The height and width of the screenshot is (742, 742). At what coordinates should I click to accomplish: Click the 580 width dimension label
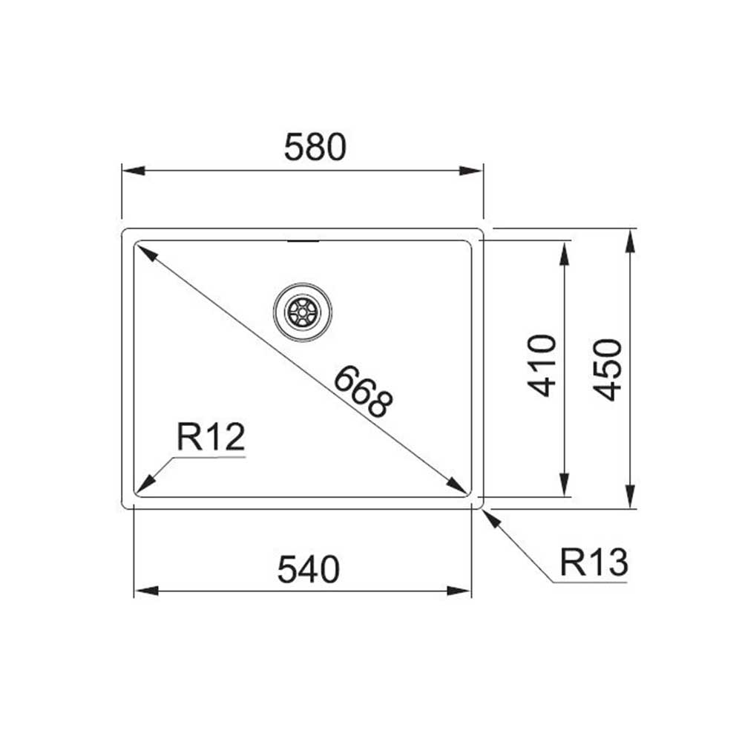[x=315, y=148]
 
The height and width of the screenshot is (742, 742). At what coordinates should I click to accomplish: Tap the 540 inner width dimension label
[x=308, y=570]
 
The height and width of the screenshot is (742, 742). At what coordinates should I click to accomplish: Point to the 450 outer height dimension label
[x=608, y=370]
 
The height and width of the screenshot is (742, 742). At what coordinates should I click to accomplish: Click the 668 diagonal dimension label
[x=361, y=392]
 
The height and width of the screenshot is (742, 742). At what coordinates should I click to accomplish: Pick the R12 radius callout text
[x=211, y=438]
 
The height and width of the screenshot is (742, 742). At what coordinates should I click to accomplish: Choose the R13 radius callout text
[x=594, y=563]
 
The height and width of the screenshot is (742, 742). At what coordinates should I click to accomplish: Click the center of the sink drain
[x=302, y=312]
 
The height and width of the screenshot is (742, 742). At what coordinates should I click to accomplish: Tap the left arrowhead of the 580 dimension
[x=132, y=171]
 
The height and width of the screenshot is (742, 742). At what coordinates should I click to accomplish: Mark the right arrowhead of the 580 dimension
[x=472, y=171]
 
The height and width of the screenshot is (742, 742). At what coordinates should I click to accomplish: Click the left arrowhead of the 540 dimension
[x=145, y=591]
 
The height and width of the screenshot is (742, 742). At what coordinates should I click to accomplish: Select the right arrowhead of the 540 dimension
[x=460, y=591]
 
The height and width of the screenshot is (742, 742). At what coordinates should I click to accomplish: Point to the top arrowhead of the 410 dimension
[x=565, y=252]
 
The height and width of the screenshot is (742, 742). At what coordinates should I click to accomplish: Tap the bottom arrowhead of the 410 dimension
[x=565, y=485]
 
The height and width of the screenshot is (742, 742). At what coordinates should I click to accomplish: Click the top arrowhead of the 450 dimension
[x=630, y=240]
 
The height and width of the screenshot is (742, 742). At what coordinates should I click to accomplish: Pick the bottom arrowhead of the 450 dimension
[x=630, y=496]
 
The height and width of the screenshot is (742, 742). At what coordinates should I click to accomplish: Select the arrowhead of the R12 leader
[x=144, y=486]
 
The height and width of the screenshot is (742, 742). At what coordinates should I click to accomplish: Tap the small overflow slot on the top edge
[x=301, y=240]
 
